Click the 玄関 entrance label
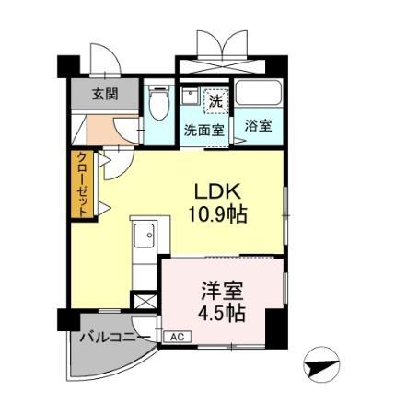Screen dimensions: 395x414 pyautogui.click(x=105, y=94)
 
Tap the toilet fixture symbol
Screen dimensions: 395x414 pyautogui.click(x=159, y=102)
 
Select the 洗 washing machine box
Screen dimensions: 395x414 pyautogui.click(x=217, y=101)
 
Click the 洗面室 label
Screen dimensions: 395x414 pyautogui.click(x=204, y=131)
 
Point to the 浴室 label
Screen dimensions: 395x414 pyautogui.click(x=258, y=125)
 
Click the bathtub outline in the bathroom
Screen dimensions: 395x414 pyautogui.click(x=259, y=93)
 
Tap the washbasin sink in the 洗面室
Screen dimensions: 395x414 pyautogui.click(x=190, y=96)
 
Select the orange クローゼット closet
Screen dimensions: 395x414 pyautogui.click(x=82, y=184)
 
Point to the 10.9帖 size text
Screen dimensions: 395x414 pyautogui.click(x=217, y=214)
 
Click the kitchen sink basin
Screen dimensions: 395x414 pyautogui.click(x=145, y=236)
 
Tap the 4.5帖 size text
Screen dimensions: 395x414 pyautogui.click(x=222, y=313)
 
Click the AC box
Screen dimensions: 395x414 pyautogui.click(x=178, y=337)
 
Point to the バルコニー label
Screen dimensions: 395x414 pyautogui.click(x=115, y=338)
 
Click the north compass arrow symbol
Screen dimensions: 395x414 pyautogui.click(x=320, y=365)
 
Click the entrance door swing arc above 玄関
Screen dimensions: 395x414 pyautogui.click(x=105, y=58)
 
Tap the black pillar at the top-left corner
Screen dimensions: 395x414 pyautogui.click(x=68, y=66)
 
